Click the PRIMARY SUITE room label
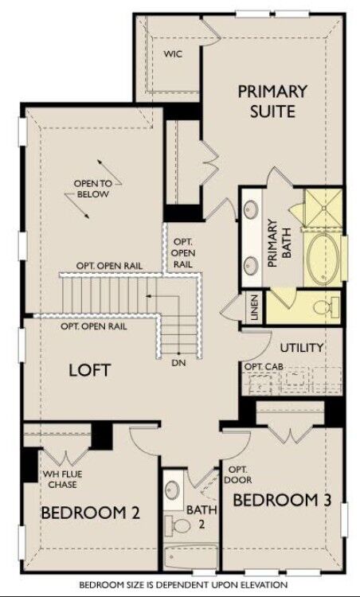(x=272, y=100)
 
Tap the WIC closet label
(x=174, y=54)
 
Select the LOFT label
(x=89, y=370)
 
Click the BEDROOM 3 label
(x=282, y=500)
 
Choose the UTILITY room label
(x=301, y=348)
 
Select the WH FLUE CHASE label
(x=62, y=480)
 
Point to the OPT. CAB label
(x=263, y=366)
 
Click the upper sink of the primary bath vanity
(x=251, y=210)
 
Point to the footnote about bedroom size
(x=180, y=585)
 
